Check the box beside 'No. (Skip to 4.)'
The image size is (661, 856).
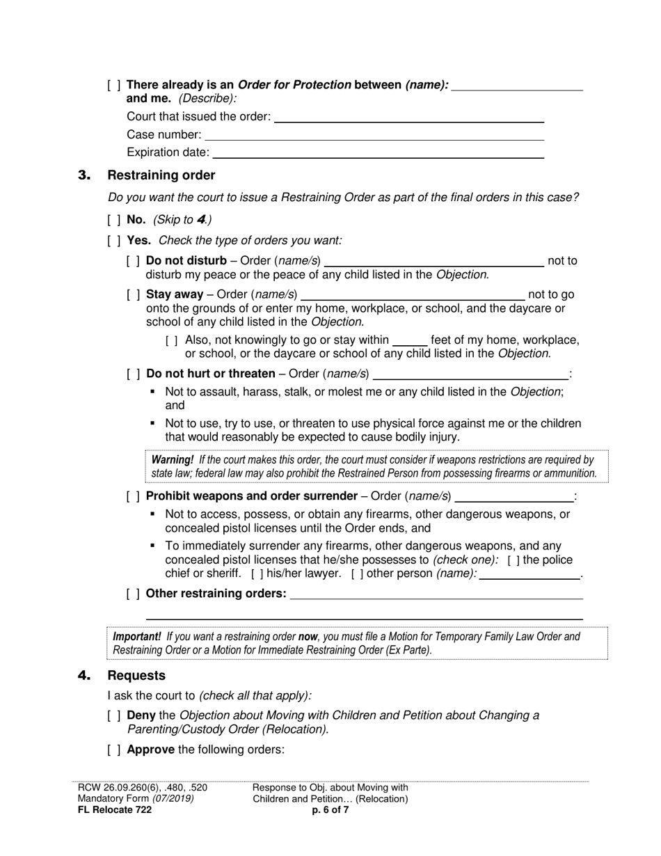point(114,220)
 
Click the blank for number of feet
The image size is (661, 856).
point(409,341)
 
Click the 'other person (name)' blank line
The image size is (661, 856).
point(529,575)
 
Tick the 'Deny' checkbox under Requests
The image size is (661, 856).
point(114,715)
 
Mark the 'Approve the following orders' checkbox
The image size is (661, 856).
point(114,750)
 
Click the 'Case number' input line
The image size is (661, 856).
point(374,136)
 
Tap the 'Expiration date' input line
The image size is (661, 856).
point(378,153)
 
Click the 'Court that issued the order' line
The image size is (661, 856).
point(409,118)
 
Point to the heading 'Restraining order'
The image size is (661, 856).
point(161,175)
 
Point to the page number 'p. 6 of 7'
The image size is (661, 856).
point(330,810)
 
